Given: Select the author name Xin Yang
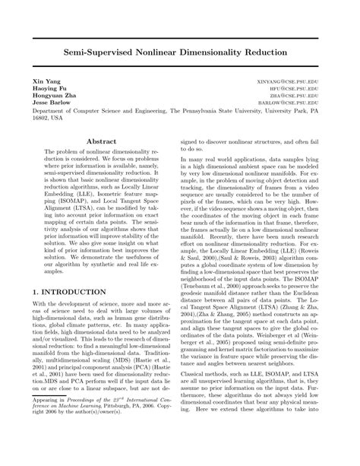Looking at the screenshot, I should pos(43,80).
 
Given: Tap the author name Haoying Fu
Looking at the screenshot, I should pos(47,88).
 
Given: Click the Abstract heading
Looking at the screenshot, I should pos(102,141).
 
